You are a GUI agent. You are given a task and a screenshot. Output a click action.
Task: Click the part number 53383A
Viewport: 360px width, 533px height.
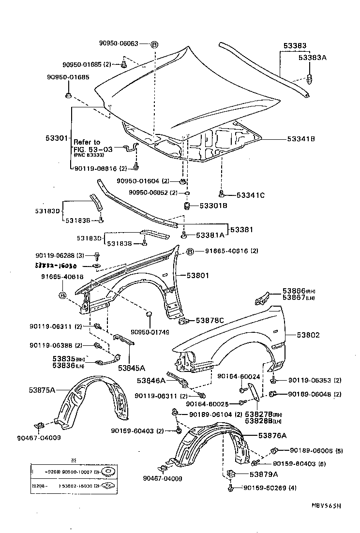click(x=313, y=57)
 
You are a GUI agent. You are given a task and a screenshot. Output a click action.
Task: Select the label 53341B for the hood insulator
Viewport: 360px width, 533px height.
click(x=301, y=139)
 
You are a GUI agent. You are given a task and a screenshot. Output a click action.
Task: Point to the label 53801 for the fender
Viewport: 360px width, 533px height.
click(x=198, y=276)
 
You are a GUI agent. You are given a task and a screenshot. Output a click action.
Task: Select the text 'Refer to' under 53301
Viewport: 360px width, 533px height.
click(x=87, y=142)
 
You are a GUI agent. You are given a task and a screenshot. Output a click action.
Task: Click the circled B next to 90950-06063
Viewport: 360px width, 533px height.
click(x=154, y=44)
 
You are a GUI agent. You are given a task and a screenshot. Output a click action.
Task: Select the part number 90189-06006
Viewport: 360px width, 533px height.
click(x=310, y=451)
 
